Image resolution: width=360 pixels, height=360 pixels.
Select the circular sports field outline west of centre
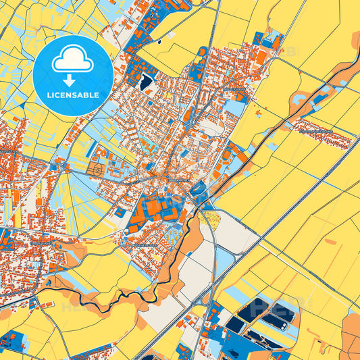pyautogui.click(x=97, y=170)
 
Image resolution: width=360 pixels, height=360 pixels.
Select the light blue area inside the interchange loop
pyautogui.click(x=224, y=260)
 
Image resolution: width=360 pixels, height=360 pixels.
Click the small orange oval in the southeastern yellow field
pyautogui.click(x=330, y=241)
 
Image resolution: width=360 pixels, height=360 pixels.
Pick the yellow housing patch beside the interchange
pyautogui.click(x=211, y=217)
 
